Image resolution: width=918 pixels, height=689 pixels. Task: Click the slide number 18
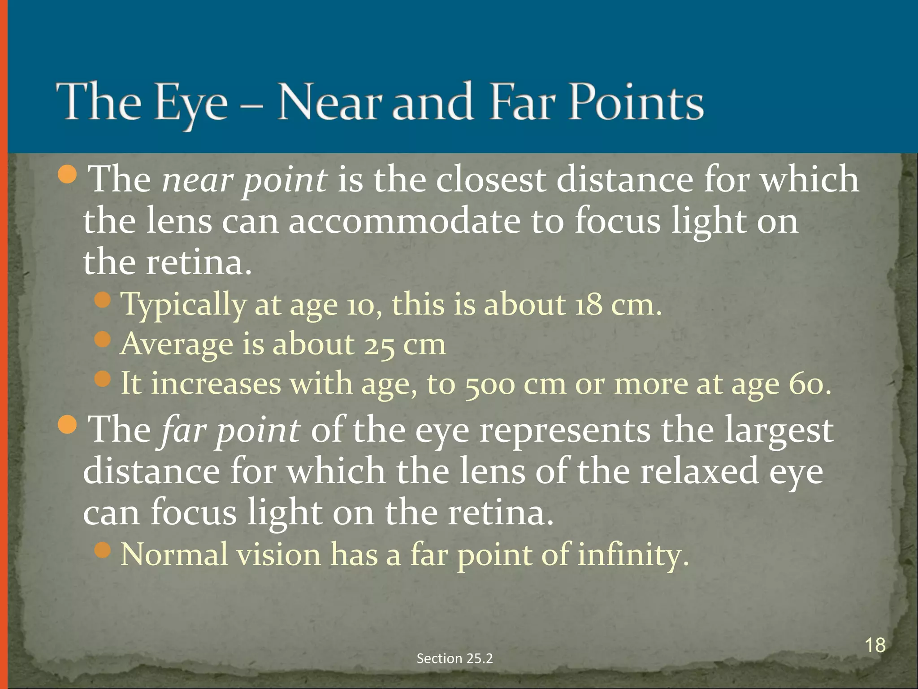pos(875,645)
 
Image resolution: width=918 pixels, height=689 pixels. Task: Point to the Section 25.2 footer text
pos(455,658)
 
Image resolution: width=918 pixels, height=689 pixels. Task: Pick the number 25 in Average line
pos(379,345)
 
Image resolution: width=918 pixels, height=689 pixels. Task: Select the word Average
pos(177,344)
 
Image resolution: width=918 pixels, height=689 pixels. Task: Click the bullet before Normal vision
pos(103,550)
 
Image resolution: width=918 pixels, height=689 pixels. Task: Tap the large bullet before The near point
pos(68,175)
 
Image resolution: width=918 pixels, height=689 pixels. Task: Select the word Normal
pos(174,554)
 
